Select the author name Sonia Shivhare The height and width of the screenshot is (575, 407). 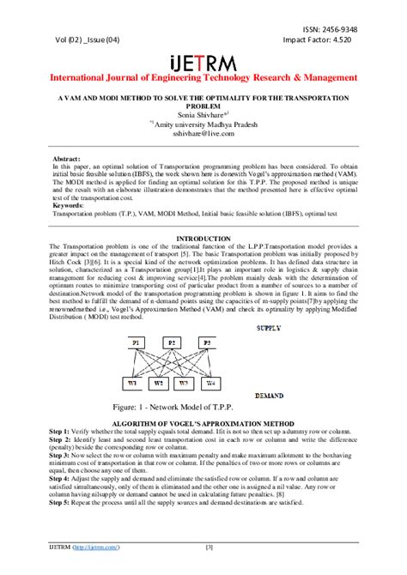(x=200, y=114)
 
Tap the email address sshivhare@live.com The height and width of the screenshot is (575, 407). (x=203, y=134)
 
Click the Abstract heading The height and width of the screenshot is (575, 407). (x=67, y=160)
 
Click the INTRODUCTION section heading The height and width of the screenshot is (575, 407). (x=203, y=238)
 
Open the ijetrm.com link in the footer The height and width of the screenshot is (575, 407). (x=96, y=547)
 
